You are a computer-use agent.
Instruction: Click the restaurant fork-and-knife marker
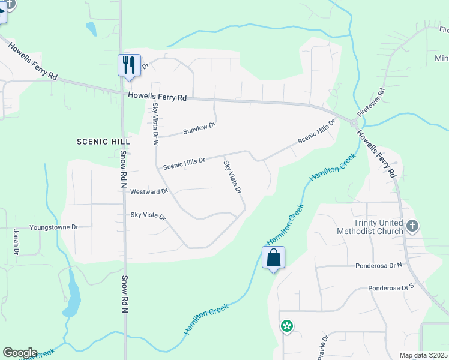[x=129, y=64]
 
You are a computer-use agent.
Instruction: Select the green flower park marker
[x=287, y=326]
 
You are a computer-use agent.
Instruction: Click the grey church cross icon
[x=412, y=226]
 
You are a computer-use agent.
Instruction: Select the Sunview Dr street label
[x=199, y=128]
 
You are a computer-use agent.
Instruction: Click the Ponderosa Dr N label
[x=381, y=264]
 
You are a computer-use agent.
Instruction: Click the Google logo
[x=20, y=353]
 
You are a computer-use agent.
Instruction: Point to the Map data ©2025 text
[x=423, y=355]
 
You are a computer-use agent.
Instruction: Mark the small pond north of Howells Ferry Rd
[x=91, y=28]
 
